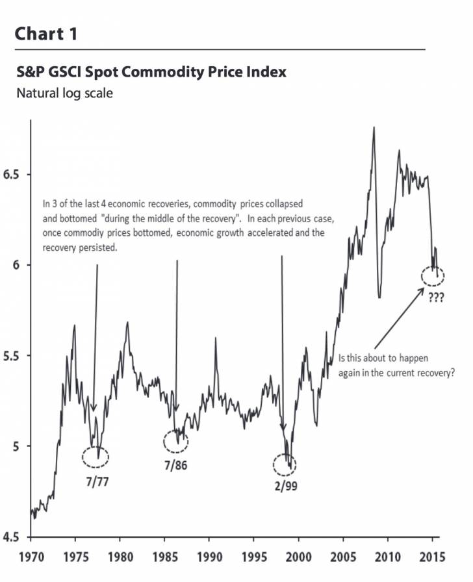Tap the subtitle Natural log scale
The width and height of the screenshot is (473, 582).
(x=64, y=94)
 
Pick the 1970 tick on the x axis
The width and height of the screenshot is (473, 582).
(x=31, y=557)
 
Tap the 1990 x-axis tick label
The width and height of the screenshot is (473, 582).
(x=209, y=557)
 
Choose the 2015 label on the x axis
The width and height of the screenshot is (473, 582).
(x=433, y=557)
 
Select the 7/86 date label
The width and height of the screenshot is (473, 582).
(x=175, y=465)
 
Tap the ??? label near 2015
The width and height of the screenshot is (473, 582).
(x=435, y=298)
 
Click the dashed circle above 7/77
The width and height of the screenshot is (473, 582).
(x=96, y=457)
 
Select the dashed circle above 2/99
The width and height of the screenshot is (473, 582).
(x=284, y=464)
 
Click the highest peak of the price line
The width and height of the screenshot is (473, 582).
(x=374, y=127)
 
